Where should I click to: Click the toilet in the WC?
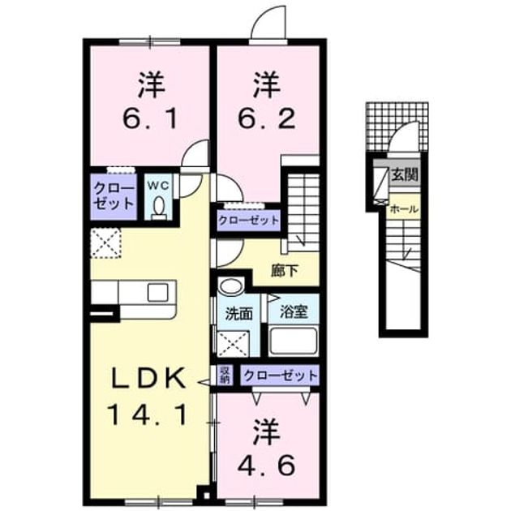[x=159, y=208]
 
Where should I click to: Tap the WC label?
[x=158, y=186]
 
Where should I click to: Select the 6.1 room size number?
[x=150, y=119]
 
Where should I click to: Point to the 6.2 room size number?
[x=266, y=119]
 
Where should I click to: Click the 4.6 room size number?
[x=266, y=465]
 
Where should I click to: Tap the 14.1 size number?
[x=149, y=414]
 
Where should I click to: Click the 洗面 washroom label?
[x=239, y=314]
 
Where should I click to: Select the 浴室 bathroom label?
[x=294, y=312]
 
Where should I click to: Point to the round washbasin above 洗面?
[x=231, y=286]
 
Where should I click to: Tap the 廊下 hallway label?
[x=285, y=271]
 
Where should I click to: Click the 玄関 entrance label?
[x=405, y=175]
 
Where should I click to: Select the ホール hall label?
[x=404, y=209]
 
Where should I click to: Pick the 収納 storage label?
[x=225, y=375]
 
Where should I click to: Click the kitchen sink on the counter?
[x=157, y=292]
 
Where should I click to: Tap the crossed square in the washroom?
[x=234, y=344]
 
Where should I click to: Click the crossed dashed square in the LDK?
[x=105, y=243]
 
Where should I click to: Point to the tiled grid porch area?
[x=397, y=127]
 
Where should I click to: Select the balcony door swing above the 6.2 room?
[x=268, y=22]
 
